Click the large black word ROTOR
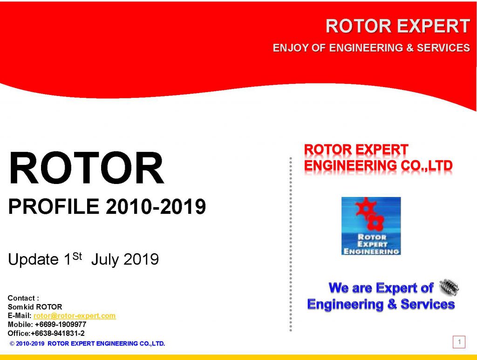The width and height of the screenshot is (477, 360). [86, 169]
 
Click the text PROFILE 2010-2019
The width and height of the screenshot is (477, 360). [107, 206]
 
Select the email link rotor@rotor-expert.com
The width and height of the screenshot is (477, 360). [75, 316]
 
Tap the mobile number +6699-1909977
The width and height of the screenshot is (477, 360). [61, 325]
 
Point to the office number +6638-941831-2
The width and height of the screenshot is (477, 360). [58, 333]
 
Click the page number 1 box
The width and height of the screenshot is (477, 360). [459, 342]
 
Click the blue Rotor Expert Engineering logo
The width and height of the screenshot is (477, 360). [371, 226]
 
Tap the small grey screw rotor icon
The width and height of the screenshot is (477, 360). [449, 287]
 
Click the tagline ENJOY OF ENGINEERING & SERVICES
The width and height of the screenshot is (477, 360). [371, 48]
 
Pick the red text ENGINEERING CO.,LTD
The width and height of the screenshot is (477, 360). [378, 165]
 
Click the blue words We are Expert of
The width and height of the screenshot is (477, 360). [381, 288]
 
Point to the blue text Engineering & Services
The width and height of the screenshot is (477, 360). [381, 304]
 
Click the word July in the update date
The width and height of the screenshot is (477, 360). [105, 260]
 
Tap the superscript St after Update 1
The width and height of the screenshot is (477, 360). [77, 256]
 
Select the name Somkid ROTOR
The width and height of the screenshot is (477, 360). [34, 307]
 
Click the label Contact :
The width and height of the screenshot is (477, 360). [23, 298]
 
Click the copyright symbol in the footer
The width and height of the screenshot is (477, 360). [12, 344]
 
